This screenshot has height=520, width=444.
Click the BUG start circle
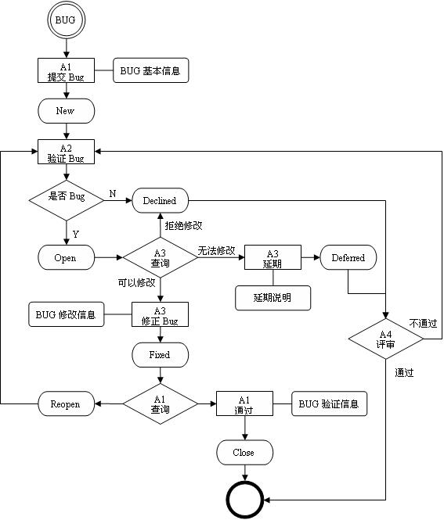coord(66,20)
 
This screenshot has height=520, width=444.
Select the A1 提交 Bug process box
coord(66,71)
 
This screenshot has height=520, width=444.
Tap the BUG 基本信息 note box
coord(151,71)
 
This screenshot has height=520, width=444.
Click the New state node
coord(66,111)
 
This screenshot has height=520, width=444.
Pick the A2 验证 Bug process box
coord(66,152)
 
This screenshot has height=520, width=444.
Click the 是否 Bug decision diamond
coord(67,197)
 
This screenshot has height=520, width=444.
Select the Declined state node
coord(160,201)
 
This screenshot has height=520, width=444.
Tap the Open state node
coord(66,257)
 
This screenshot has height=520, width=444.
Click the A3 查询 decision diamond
coord(161,257)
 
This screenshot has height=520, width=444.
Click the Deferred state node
coord(348,257)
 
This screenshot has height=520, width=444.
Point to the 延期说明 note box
coord(273,298)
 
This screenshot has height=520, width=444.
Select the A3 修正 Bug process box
coord(161,316)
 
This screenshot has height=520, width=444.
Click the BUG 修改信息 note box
coord(66,315)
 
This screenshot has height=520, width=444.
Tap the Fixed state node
coord(160,355)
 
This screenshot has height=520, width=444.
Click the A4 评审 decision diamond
coord(385,339)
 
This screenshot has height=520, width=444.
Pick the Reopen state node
coord(66,404)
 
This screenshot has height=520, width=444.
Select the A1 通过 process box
coord(244,404)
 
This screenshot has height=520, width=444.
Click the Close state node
coord(244,453)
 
